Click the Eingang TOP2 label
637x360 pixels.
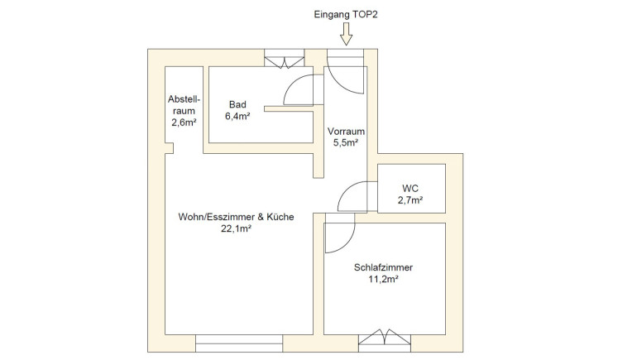(x=346, y=14)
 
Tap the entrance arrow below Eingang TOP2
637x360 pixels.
(x=346, y=34)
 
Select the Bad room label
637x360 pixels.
(x=237, y=105)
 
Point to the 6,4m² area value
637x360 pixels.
(x=237, y=117)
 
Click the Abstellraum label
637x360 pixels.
(x=184, y=104)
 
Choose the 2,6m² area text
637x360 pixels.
(x=184, y=122)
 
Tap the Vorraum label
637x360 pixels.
(x=346, y=132)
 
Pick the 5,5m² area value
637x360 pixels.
(x=346, y=143)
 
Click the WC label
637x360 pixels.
(x=411, y=188)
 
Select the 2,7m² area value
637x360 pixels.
(x=411, y=199)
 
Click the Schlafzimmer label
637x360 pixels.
(x=383, y=268)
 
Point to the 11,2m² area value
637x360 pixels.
(x=383, y=280)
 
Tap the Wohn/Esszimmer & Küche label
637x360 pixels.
(x=236, y=217)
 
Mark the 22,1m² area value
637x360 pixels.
(x=236, y=229)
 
